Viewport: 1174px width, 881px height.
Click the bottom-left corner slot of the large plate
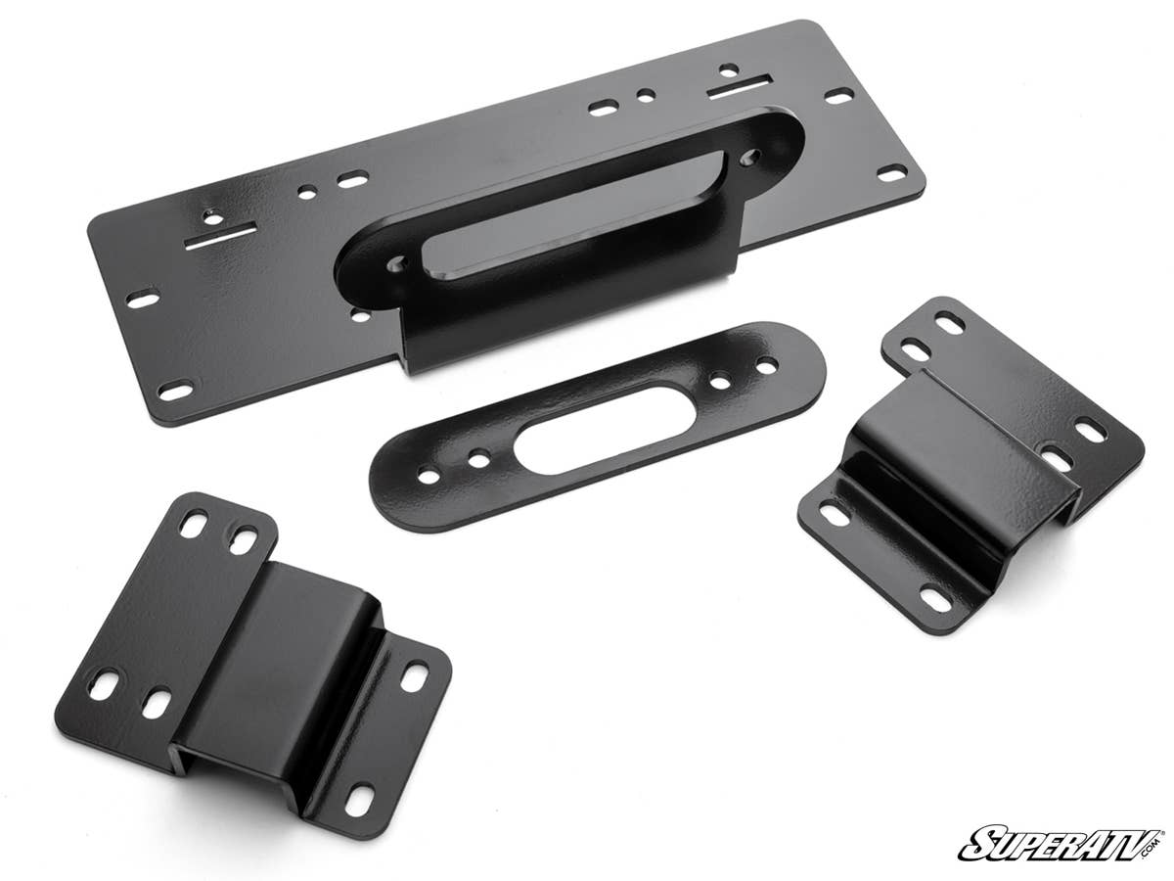(x=176, y=391)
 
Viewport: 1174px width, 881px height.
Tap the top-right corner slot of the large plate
(x=838, y=96)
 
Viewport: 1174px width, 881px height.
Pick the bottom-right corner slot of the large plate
(x=891, y=174)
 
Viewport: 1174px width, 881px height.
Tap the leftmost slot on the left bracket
(x=105, y=683)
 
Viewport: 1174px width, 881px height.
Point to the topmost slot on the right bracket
(x=948, y=321)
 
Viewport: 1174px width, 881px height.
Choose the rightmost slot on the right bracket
(x=1089, y=429)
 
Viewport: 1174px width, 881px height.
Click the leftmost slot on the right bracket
(x=834, y=512)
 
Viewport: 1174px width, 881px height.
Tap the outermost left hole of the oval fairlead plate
(x=429, y=476)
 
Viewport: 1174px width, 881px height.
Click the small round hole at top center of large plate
(x=645, y=96)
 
